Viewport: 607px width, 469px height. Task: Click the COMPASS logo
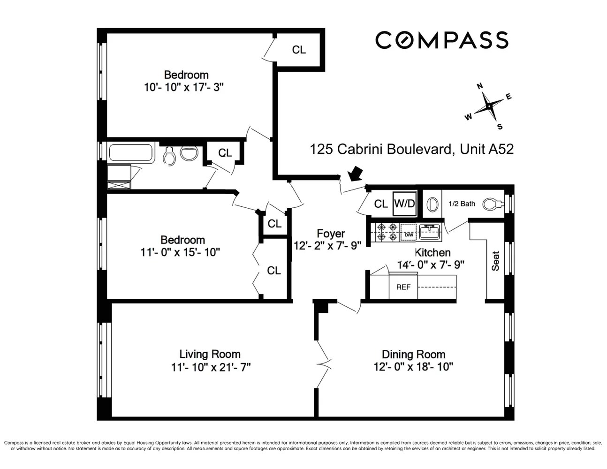(441, 40)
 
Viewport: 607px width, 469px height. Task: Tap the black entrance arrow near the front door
(355, 174)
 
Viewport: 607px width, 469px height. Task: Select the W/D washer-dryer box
(404, 204)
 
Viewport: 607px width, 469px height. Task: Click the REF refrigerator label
(403, 287)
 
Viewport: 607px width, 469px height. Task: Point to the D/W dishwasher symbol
(409, 232)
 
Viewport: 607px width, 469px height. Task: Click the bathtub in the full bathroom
(131, 152)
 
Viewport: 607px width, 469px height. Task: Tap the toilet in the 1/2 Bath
(494, 204)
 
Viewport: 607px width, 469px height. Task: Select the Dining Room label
(413, 355)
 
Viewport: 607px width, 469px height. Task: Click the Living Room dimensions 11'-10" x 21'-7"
(211, 367)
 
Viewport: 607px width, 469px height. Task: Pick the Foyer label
(331, 234)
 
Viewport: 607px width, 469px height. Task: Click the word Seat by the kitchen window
(495, 261)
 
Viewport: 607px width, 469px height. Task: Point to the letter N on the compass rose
(480, 86)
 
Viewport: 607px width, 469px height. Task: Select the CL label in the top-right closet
(299, 50)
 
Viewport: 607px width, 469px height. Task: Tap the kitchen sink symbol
(430, 232)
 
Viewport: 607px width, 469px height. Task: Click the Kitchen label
(432, 252)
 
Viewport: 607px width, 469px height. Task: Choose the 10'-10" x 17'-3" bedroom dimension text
(184, 87)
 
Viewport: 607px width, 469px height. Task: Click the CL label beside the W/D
(381, 204)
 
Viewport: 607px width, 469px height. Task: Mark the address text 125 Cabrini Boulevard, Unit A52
(412, 149)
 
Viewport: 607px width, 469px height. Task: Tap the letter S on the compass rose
(500, 127)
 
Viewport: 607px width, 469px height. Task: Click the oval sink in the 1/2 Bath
(432, 204)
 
